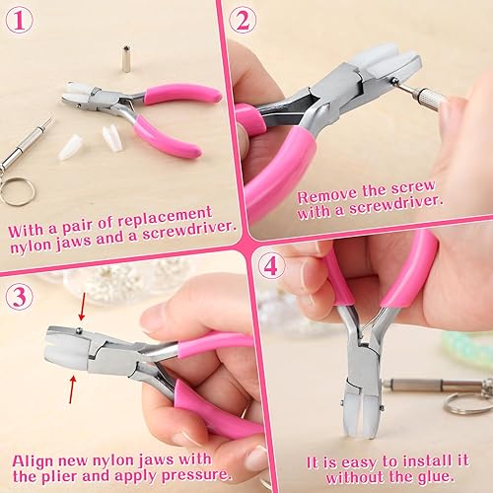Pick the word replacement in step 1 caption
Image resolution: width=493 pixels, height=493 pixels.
pyautogui.click(x=169, y=213)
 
